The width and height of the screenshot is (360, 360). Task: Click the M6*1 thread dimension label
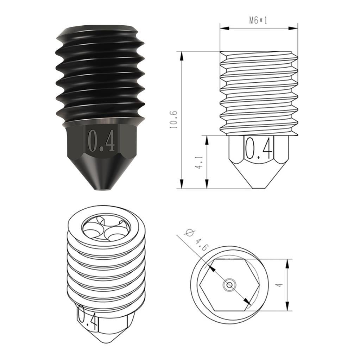(258, 20)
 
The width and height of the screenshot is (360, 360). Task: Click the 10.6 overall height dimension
(173, 120)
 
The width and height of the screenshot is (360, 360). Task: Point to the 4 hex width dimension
(279, 285)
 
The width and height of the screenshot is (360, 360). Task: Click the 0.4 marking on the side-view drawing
(259, 148)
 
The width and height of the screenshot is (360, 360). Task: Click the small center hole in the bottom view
(230, 285)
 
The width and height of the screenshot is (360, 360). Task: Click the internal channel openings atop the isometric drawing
(106, 229)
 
